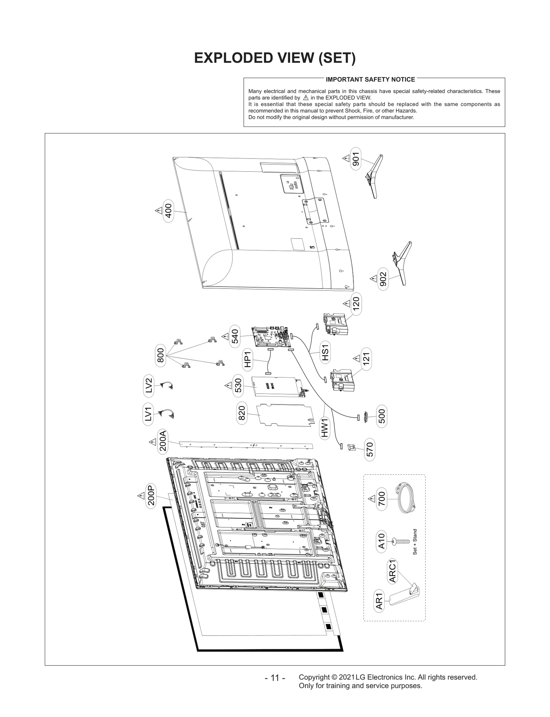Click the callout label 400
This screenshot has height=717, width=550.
pyautogui.click(x=168, y=211)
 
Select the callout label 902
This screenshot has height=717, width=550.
pyautogui.click(x=383, y=279)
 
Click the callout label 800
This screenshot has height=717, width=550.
pyautogui.click(x=160, y=355)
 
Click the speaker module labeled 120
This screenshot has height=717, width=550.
pyautogui.click(x=335, y=323)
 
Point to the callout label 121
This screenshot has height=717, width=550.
pyautogui.click(x=366, y=359)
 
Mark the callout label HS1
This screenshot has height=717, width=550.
pyautogui.click(x=325, y=353)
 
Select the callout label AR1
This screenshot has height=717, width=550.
pyautogui.click(x=379, y=601)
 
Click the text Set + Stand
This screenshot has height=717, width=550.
pyautogui.click(x=415, y=542)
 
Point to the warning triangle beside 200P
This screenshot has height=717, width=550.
pyautogui.click(x=141, y=496)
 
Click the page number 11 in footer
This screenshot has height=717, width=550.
pyautogui.click(x=275, y=678)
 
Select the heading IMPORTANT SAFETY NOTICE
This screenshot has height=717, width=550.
pyautogui.click(x=370, y=79)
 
